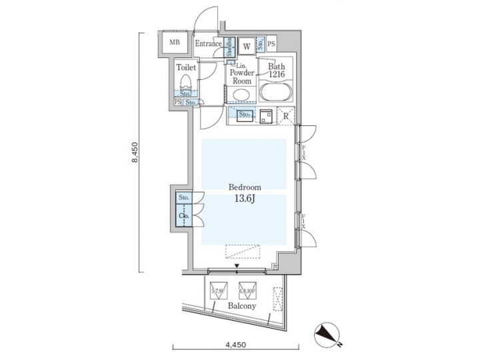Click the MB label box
[x=175, y=44]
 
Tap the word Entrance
[x=208, y=44]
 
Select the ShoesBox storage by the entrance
[x=228, y=46]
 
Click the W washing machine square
[x=246, y=46]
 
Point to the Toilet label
[x=185, y=67]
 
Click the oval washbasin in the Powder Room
[x=241, y=93]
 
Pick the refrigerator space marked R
[x=285, y=116]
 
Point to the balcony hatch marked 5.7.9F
[x=217, y=290]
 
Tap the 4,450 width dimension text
[x=235, y=345]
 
